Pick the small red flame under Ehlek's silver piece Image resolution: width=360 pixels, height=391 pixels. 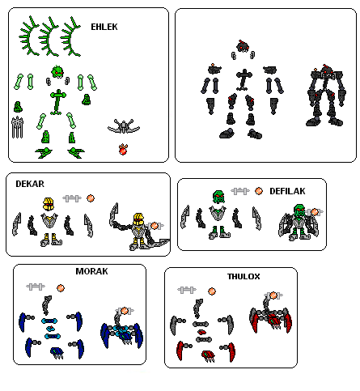123,148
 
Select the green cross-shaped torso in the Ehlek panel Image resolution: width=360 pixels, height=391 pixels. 57,100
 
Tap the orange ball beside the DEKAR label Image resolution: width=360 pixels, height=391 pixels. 91,198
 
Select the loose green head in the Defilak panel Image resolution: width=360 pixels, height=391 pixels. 217,197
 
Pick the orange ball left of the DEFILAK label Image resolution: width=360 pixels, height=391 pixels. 259,191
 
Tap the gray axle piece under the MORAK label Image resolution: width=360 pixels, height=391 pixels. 34,287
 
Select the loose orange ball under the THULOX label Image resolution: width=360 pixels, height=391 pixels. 210,290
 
